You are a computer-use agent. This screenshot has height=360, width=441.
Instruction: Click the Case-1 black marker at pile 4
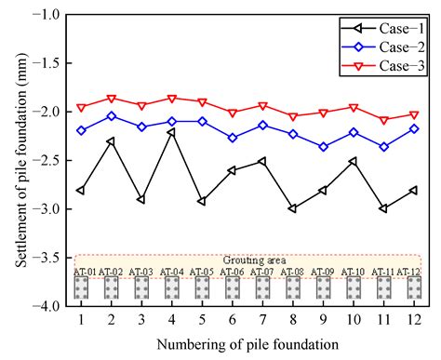coord(171,132)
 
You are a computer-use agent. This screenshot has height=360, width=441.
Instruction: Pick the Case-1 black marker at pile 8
coord(292,208)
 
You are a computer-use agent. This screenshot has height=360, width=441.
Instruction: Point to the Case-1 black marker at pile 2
coord(111,141)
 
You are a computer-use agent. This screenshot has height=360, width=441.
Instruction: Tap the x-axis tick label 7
coord(262,320)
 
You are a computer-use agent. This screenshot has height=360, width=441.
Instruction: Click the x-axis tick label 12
coord(413,320)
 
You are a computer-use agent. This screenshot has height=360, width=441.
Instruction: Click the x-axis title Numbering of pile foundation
coord(247,344)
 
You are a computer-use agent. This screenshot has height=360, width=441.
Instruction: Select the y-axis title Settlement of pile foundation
coord(19,160)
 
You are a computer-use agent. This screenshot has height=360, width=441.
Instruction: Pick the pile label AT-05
coord(201,272)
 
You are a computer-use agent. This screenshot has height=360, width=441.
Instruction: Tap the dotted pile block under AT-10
coord(353,287)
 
